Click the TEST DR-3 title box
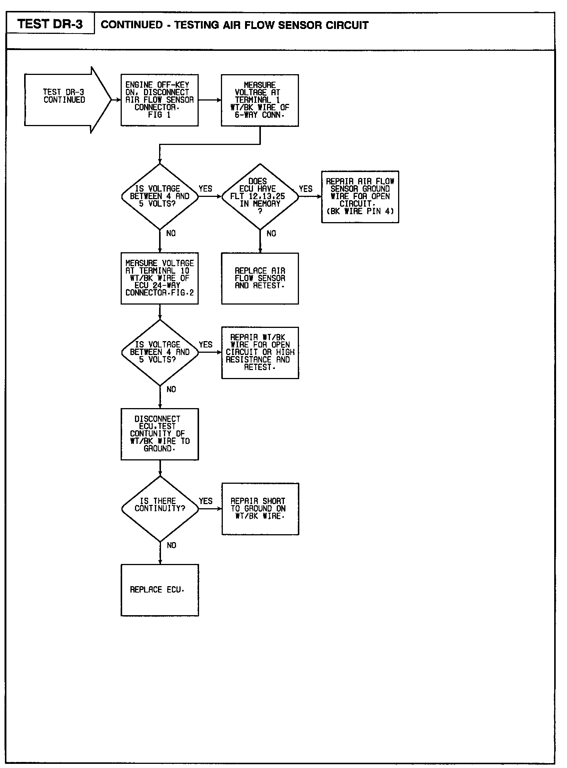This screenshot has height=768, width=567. coord(50,24)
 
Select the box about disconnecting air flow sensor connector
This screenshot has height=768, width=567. coord(159,100)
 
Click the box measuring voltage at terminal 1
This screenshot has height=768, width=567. coord(260,100)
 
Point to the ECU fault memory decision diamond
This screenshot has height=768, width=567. coord(260,196)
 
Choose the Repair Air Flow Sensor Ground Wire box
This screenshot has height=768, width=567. coord(360,197)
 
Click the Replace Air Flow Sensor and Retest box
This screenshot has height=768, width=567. coord(260,278)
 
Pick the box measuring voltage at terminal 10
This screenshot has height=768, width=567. coord(159,278)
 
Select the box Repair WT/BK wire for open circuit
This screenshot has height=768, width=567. coord(260,352)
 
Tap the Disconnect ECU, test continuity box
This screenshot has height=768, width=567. coord(160,434)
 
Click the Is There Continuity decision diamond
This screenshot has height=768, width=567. coord(160,509)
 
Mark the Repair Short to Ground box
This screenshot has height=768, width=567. coord(260,509)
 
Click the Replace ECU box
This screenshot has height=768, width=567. coord(160,590)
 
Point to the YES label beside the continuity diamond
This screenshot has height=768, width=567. coord(205,501)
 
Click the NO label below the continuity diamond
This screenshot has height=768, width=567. coord(171,545)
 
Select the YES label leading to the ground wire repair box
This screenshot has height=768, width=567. coord(306,189)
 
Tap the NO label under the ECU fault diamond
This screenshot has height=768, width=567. coord(271,233)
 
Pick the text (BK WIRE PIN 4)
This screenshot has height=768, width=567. coord(360,211)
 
